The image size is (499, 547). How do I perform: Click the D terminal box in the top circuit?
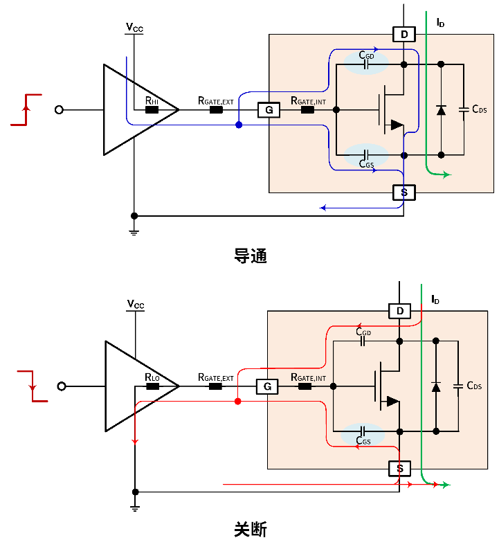[403, 34]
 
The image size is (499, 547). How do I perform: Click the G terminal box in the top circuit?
[269, 109]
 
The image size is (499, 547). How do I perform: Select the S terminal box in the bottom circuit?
[399, 469]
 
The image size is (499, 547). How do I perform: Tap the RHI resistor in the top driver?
[152, 109]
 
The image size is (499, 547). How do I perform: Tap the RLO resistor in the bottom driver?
[152, 386]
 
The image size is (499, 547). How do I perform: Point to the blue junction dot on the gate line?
[239, 125]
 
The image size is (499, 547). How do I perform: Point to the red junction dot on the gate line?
[237, 402]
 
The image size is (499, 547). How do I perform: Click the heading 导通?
[250, 256]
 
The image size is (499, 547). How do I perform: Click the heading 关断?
[250, 530]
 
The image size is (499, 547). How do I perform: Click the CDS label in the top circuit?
[480, 109]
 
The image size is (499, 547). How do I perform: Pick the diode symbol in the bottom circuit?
[436, 386]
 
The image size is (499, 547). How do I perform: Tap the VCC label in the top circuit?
[135, 28]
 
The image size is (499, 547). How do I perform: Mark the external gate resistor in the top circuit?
[216, 109]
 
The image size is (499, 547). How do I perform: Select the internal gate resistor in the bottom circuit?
[305, 386]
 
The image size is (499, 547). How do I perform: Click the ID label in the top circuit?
[440, 23]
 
